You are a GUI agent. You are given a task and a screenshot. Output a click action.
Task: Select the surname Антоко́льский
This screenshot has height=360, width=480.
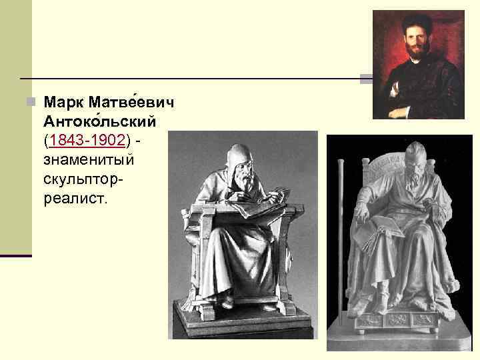coord(99,122)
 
